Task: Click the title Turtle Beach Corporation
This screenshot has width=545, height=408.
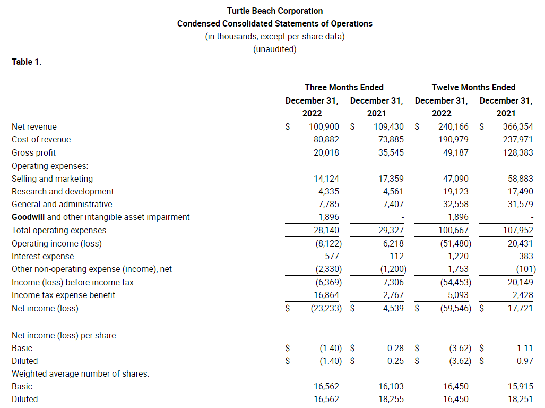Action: (x=274, y=11)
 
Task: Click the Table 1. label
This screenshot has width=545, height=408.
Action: (x=27, y=62)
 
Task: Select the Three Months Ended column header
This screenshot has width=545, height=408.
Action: (x=344, y=87)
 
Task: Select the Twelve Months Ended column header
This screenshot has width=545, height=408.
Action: (x=473, y=87)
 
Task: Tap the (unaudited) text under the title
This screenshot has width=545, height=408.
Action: (x=274, y=49)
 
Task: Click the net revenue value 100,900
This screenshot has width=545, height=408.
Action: (x=324, y=126)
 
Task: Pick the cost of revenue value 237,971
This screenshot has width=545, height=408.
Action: (x=518, y=139)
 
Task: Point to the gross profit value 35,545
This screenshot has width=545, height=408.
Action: (x=388, y=152)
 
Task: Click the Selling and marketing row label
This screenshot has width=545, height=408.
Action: (x=52, y=178)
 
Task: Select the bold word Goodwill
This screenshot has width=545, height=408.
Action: (x=28, y=217)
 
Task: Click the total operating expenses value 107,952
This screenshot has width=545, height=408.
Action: (x=518, y=230)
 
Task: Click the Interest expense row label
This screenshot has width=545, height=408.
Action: (x=42, y=256)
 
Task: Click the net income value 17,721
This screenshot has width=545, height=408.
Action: (x=520, y=308)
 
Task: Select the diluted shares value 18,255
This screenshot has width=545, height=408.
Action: (x=391, y=399)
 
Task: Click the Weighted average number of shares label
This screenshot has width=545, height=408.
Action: (x=80, y=373)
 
